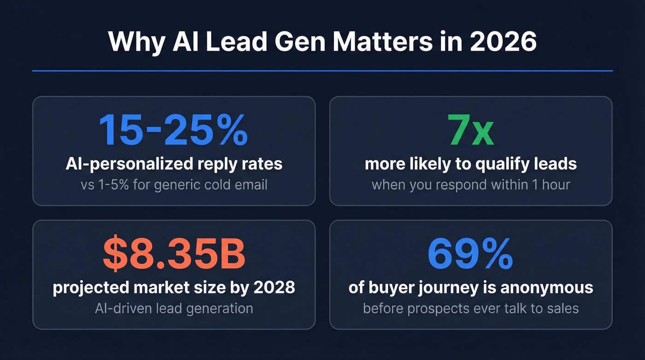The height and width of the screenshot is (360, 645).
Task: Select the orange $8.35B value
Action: pyautogui.click(x=173, y=253)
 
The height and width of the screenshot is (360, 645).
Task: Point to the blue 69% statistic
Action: pyautogui.click(x=471, y=253)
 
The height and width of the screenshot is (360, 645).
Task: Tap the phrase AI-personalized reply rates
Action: pyautogui.click(x=174, y=164)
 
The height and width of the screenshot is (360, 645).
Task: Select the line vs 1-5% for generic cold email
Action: pyautogui.click(x=174, y=184)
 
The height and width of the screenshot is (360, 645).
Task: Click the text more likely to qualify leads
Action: pyautogui.click(x=471, y=164)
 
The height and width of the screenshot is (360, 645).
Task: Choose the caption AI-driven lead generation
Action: pyautogui.click(x=174, y=308)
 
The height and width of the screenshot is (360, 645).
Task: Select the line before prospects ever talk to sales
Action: pyautogui.click(x=471, y=308)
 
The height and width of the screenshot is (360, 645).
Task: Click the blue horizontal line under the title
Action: pyautogui.click(x=322, y=71)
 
